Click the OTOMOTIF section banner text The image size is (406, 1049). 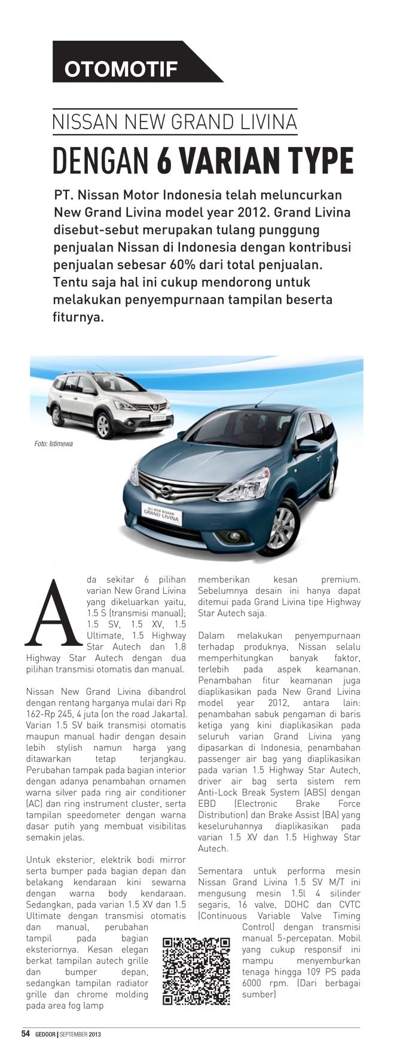click(121, 69)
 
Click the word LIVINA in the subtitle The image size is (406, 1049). click(267, 121)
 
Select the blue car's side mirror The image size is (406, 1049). click(310, 446)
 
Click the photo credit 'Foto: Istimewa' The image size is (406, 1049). click(54, 444)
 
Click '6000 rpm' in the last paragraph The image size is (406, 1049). click(265, 983)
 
